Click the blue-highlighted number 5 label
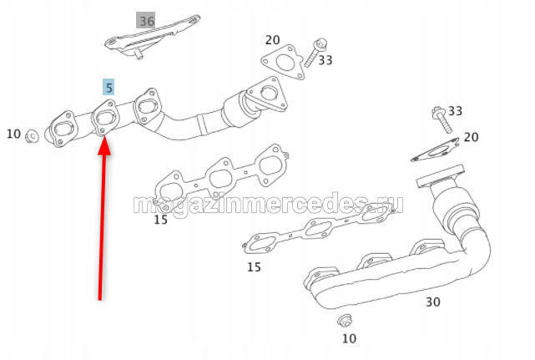(109, 88)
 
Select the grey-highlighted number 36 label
(146, 21)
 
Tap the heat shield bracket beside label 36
(152, 36)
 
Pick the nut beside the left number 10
(32, 136)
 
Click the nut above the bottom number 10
(345, 320)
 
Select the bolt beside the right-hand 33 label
(442, 120)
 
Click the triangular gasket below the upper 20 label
(283, 62)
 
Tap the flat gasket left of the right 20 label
(435, 150)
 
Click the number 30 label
(432, 302)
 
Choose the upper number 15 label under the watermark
(160, 220)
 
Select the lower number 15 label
(254, 266)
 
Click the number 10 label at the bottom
(349, 338)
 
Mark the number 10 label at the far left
(13, 134)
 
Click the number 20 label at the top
(272, 40)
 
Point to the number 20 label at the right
(471, 137)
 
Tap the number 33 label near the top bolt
(326, 60)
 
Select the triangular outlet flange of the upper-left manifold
(266, 94)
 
